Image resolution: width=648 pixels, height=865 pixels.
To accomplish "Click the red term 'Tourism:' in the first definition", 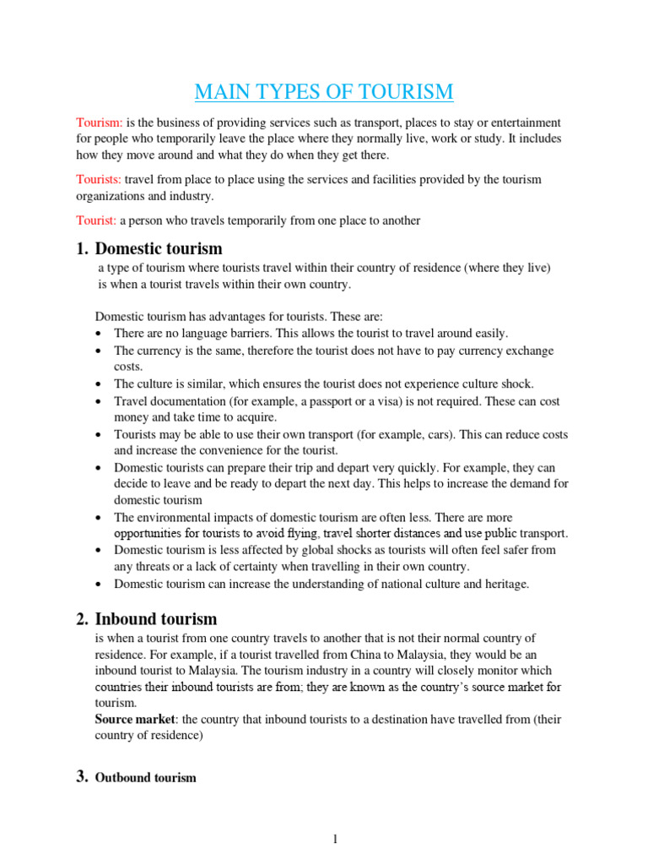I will [100, 122].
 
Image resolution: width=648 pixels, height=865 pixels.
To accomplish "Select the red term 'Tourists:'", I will [100, 180].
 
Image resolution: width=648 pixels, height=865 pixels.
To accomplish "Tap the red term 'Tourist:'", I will [97, 220].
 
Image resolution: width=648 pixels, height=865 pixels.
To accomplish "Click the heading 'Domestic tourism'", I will [159, 248].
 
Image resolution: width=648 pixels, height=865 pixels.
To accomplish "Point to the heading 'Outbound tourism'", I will [146, 777].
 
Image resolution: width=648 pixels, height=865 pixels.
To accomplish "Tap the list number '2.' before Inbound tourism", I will [82, 619].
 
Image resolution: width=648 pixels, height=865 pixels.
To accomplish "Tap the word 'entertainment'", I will [526, 122].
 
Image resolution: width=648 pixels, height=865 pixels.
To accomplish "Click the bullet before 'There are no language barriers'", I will [100, 334].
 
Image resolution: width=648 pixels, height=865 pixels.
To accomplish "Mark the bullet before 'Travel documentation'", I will [100, 402].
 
